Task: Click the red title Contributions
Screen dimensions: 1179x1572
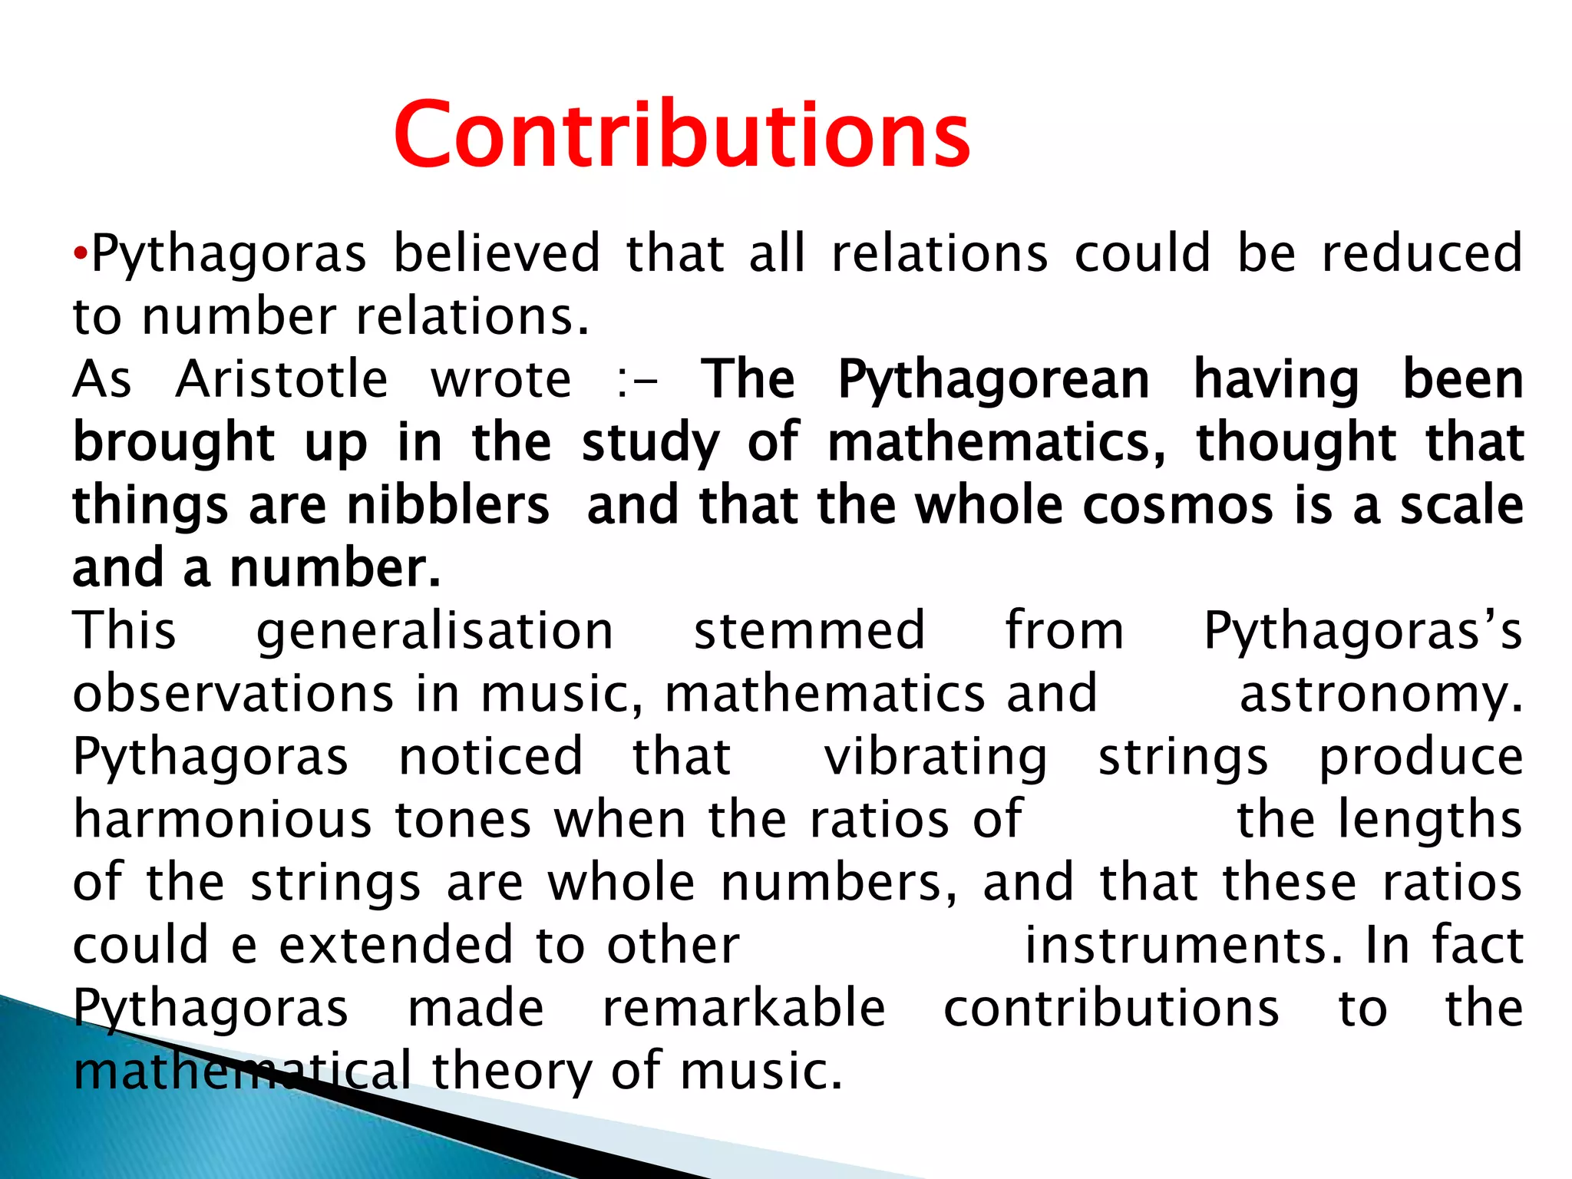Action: (682, 135)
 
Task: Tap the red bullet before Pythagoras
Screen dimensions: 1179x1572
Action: (81, 254)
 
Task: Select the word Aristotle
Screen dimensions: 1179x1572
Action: (282, 379)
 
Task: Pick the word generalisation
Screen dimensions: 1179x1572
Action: (434, 631)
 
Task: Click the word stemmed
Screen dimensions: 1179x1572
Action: (809, 631)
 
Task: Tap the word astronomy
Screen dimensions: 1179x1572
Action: (1380, 694)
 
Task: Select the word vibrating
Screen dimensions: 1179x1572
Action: (936, 757)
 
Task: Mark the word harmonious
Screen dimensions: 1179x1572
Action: (223, 820)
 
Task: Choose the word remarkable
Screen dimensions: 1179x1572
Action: (744, 1009)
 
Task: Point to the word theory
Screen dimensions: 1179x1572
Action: (511, 1072)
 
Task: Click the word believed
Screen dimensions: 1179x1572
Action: (497, 253)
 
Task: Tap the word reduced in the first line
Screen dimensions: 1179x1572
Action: (1422, 253)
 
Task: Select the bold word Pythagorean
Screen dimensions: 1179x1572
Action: (993, 381)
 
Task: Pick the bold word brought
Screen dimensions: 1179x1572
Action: (173, 444)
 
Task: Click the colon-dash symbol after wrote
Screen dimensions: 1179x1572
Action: (636, 381)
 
